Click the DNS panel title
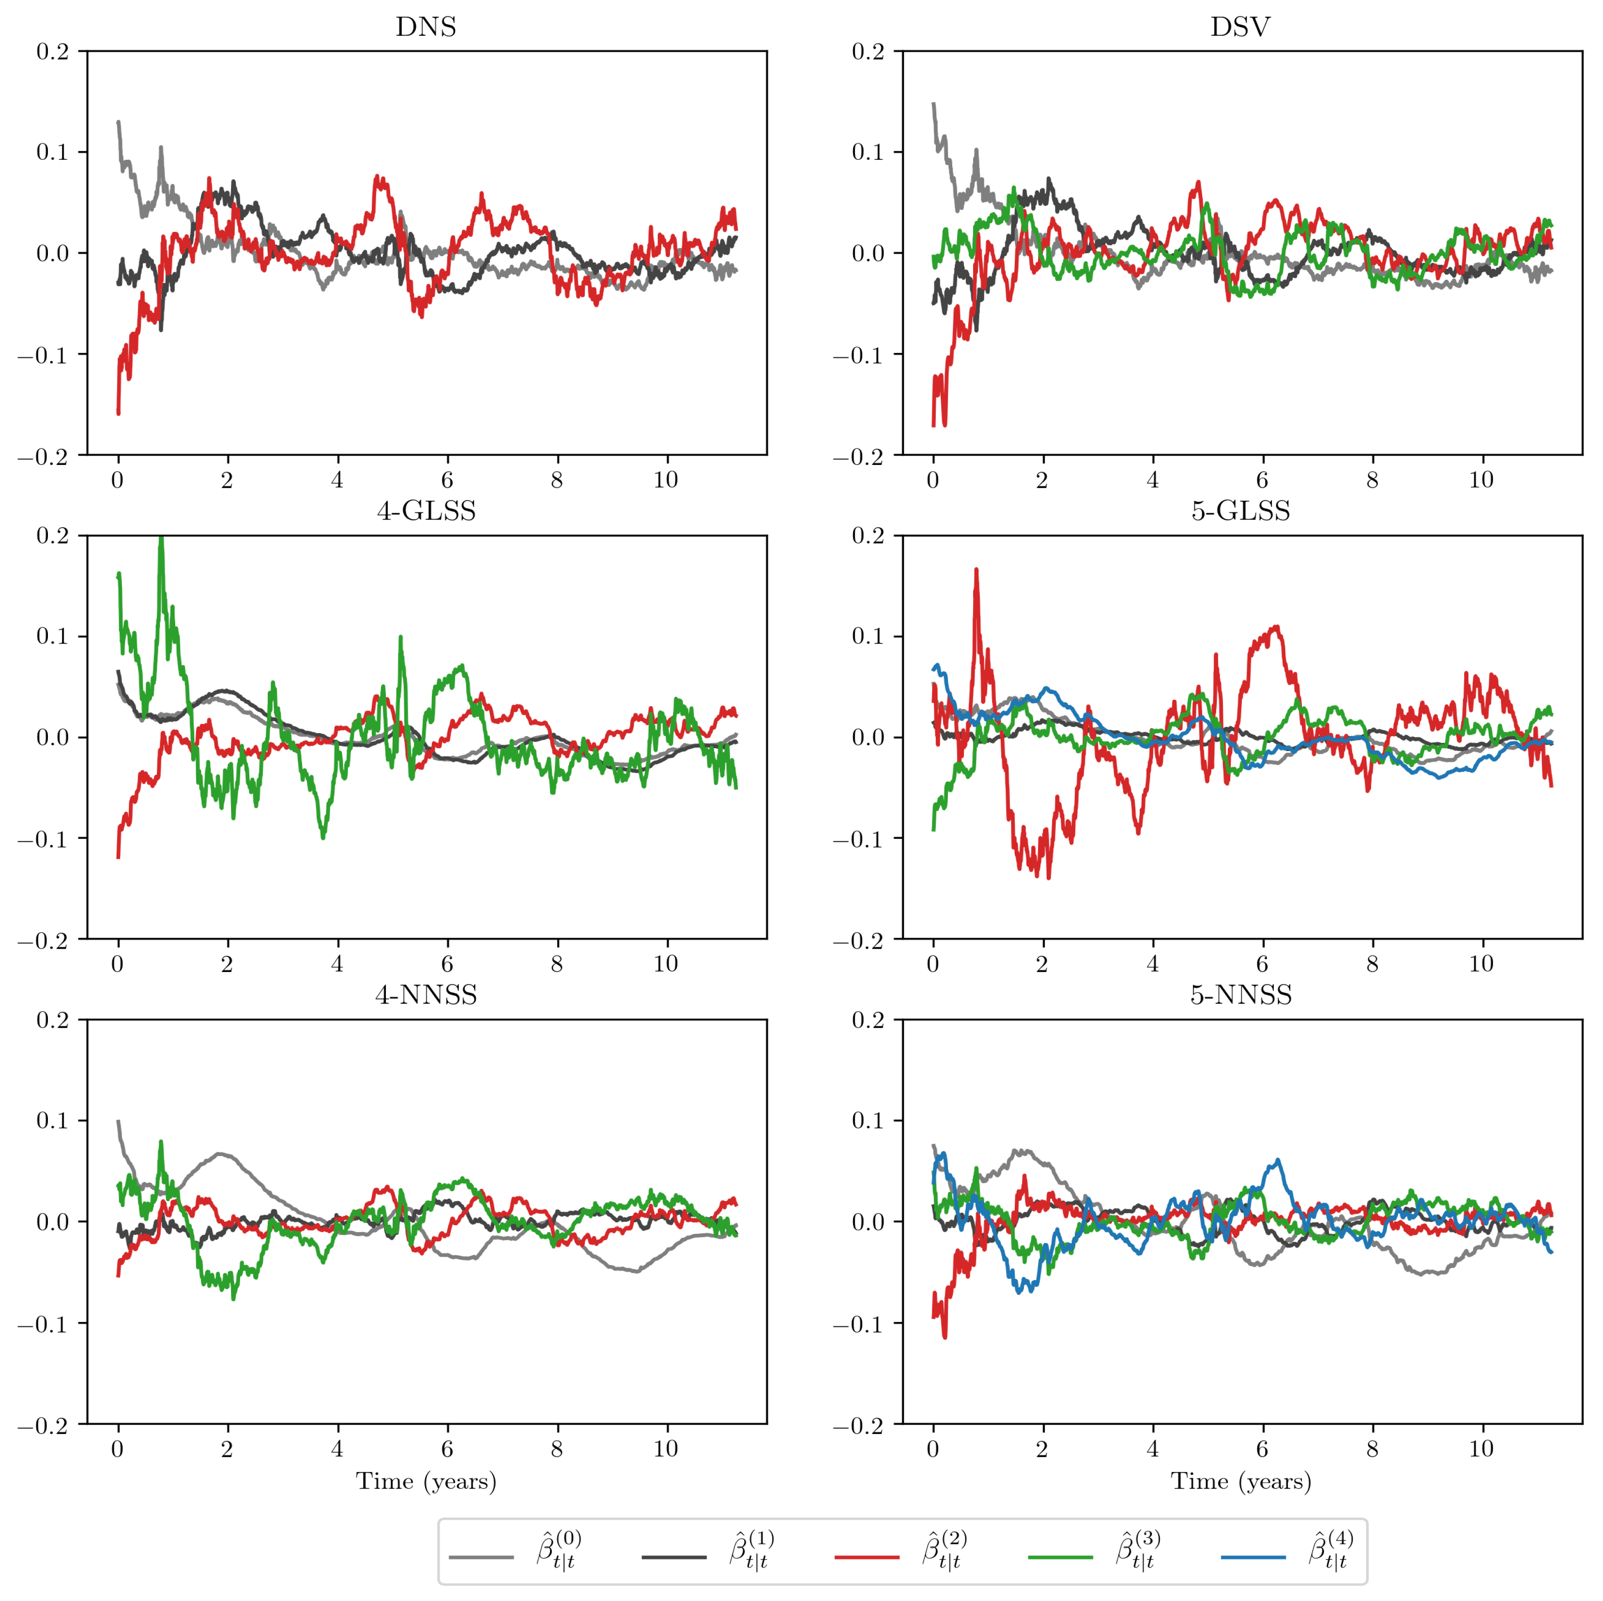[426, 28]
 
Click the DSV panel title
[1240, 28]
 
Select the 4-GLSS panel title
[426, 511]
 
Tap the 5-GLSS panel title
[1240, 511]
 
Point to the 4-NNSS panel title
[426, 995]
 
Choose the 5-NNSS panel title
[1240, 995]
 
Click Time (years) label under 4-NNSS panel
[426, 1481]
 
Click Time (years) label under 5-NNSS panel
[1240, 1481]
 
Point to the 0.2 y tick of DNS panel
[53, 51]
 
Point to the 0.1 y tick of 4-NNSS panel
[53, 1121]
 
